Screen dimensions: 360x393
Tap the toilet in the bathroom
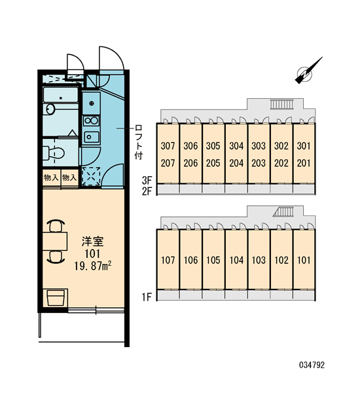click(x=54, y=153)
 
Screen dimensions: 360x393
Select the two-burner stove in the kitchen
click(x=91, y=121)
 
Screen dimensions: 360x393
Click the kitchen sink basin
click(x=91, y=137)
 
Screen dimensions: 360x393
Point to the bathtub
click(x=60, y=94)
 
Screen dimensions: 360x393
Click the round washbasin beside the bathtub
click(x=49, y=109)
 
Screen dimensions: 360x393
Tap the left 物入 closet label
click(x=51, y=178)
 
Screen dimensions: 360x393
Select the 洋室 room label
click(x=92, y=241)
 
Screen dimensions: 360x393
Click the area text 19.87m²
click(x=93, y=266)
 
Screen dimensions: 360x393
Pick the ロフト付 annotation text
click(x=138, y=142)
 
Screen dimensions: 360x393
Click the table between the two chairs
click(x=55, y=241)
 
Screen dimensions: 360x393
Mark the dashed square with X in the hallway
click(x=91, y=176)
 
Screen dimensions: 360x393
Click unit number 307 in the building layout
click(x=168, y=145)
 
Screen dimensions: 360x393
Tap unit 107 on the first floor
click(x=168, y=260)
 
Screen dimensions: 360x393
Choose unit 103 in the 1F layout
click(x=259, y=260)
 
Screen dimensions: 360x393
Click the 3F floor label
click(x=147, y=180)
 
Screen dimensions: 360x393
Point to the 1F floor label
click(x=147, y=297)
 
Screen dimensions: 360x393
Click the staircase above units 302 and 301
click(x=282, y=104)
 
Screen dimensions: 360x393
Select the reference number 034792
click(x=312, y=365)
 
